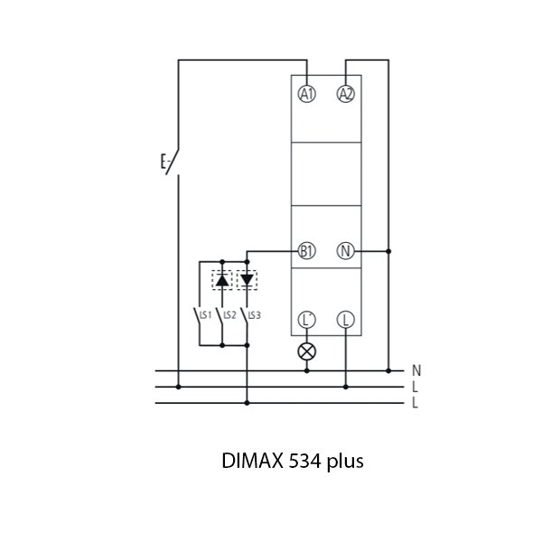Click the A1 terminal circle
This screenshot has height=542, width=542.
(307, 94)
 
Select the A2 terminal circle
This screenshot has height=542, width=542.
(345, 94)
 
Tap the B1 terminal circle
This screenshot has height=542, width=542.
(307, 250)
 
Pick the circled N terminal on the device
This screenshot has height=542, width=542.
(345, 250)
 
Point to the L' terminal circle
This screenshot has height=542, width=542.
(307, 319)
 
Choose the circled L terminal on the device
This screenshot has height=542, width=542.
(345, 319)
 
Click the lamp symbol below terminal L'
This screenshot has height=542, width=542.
(307, 350)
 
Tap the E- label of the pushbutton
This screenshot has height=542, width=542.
(165, 164)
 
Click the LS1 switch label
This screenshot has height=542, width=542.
(205, 314)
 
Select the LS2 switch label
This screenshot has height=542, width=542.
(229, 314)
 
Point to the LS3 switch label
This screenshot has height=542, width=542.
(255, 314)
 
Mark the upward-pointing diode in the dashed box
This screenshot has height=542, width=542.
(222, 280)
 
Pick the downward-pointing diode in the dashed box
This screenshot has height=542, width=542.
(247, 280)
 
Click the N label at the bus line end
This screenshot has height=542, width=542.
(416, 370)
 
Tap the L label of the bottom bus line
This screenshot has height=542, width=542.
(415, 403)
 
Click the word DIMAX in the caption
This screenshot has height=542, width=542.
(251, 462)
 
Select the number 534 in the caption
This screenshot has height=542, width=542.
(305, 462)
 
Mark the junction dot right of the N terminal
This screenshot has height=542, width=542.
(388, 250)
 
